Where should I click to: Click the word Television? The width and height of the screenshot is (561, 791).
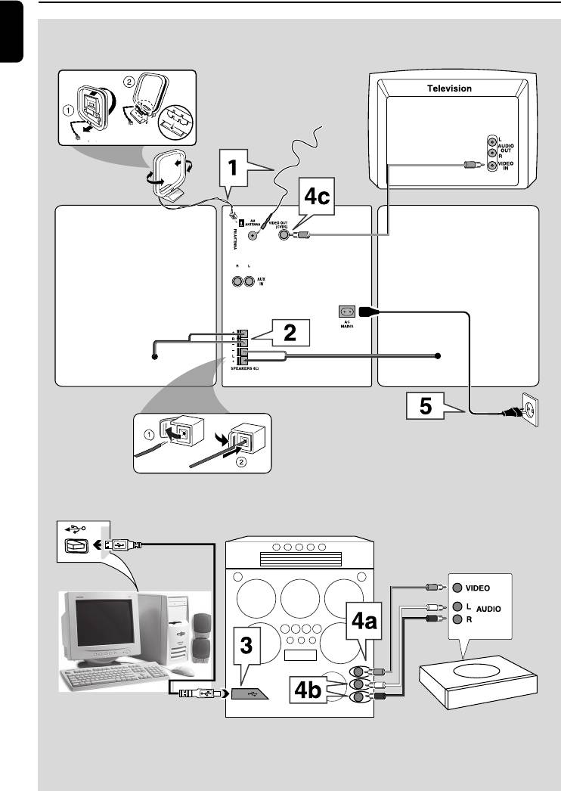point(450,88)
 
